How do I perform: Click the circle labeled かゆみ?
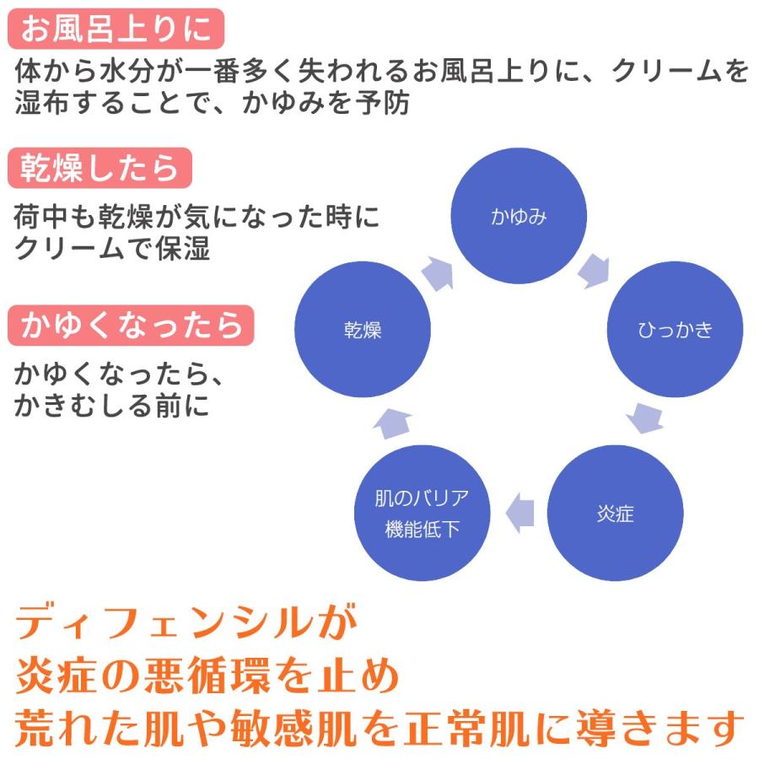click(x=519, y=217)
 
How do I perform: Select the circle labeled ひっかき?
click(x=676, y=330)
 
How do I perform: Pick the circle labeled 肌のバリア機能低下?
click(x=422, y=514)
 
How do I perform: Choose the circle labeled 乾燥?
click(x=363, y=330)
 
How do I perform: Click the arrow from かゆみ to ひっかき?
click(x=595, y=268)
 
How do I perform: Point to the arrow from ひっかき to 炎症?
click(x=645, y=417)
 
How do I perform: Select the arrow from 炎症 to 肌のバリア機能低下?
click(x=519, y=513)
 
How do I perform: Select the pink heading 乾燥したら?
click(x=100, y=168)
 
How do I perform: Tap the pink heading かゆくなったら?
click(x=131, y=325)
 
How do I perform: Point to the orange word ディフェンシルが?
click(x=186, y=625)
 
